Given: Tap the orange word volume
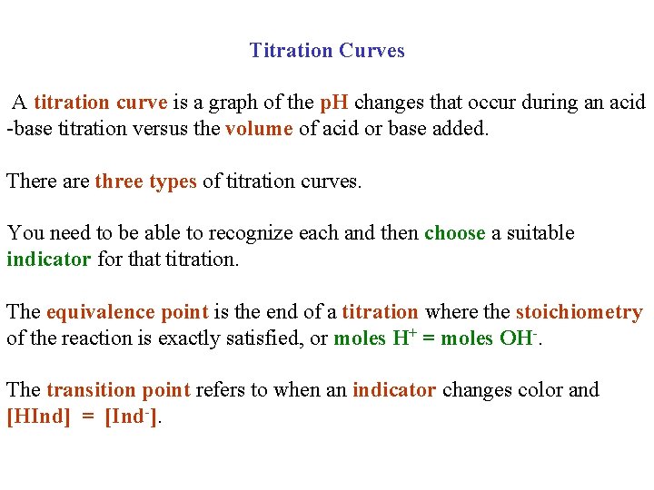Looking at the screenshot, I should pos(259,129).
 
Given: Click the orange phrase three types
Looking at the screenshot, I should pos(145,181).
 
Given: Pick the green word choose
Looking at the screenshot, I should pos(454,233).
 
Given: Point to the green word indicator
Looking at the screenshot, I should pos(48,260).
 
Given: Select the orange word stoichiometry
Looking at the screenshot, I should pos(579,312).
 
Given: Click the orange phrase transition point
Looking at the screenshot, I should pos(118,390).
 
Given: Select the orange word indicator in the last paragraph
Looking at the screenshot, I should pos(394,390).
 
